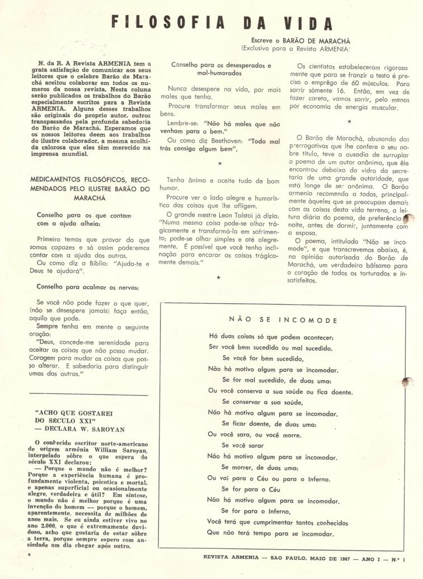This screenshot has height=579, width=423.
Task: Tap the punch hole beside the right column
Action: coord(408,219)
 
